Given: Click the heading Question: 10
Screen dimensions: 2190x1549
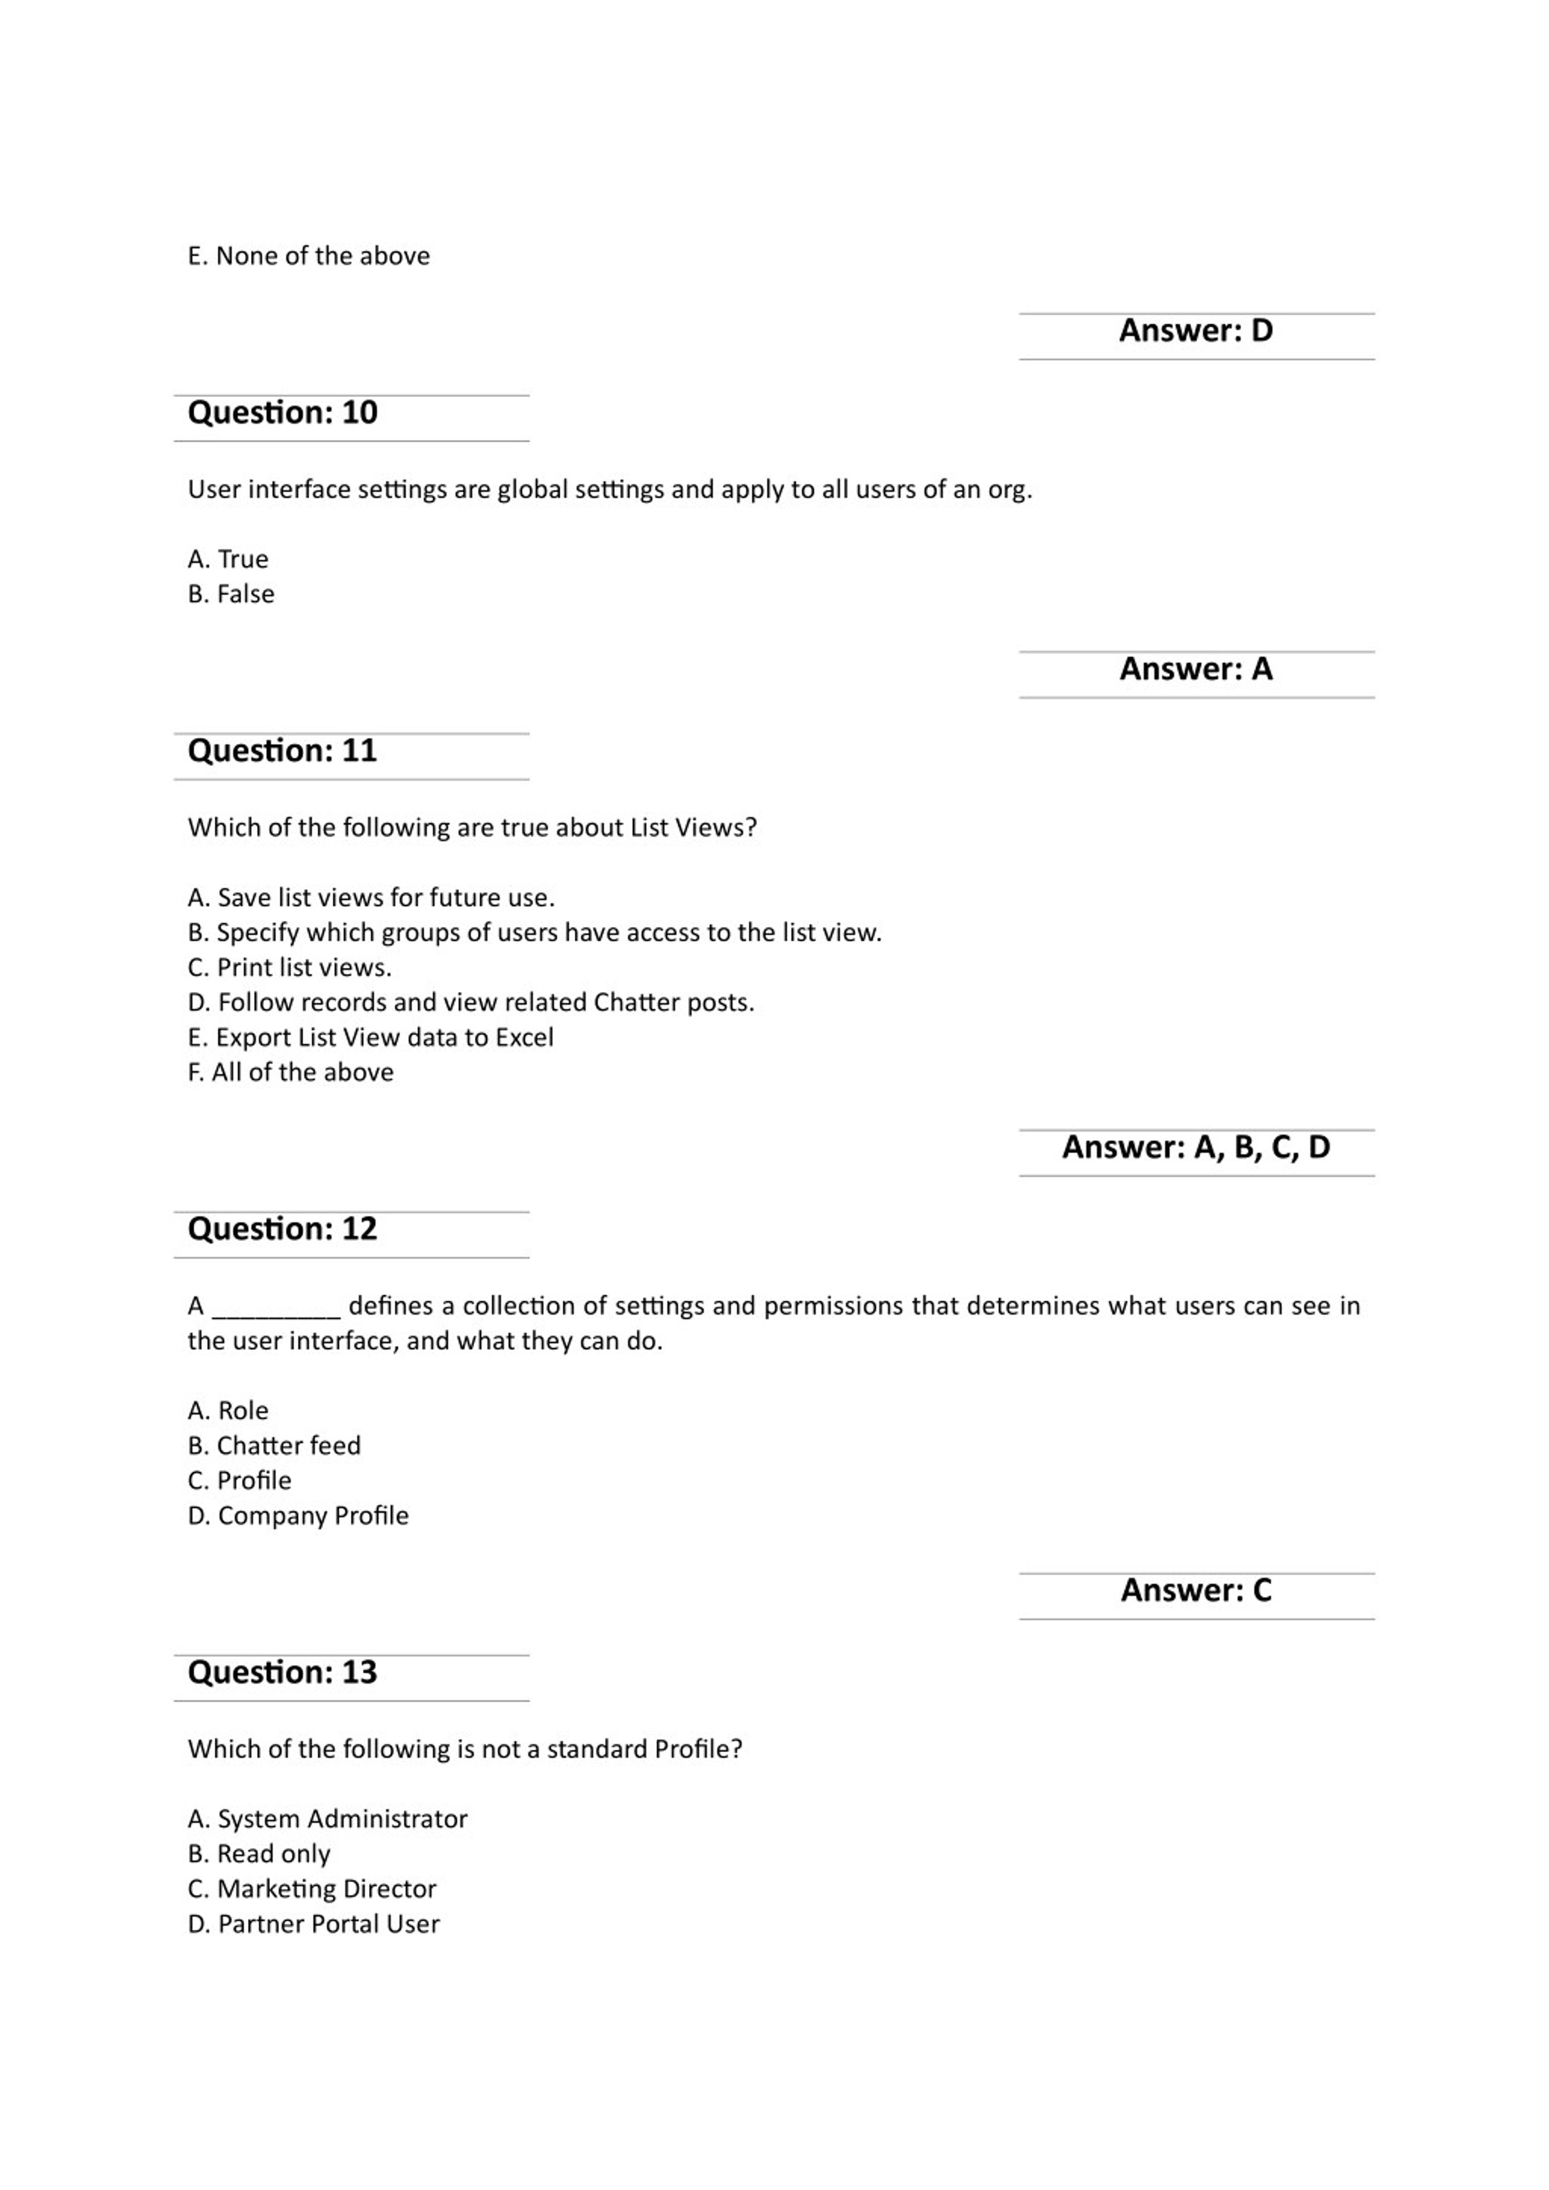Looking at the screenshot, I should point(283,413).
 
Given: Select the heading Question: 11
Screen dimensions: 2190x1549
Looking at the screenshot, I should point(283,751).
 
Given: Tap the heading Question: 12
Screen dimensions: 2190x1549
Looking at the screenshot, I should point(283,1229).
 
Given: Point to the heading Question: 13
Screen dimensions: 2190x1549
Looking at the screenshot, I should point(283,1673).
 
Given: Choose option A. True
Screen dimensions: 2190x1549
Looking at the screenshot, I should point(228,559).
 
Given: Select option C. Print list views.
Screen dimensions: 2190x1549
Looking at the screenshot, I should point(289,968).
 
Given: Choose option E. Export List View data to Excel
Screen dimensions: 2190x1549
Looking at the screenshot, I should point(370,1038).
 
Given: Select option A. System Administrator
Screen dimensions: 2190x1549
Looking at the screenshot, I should point(327,1819).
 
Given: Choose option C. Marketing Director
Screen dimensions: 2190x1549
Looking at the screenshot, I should point(312,1889).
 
